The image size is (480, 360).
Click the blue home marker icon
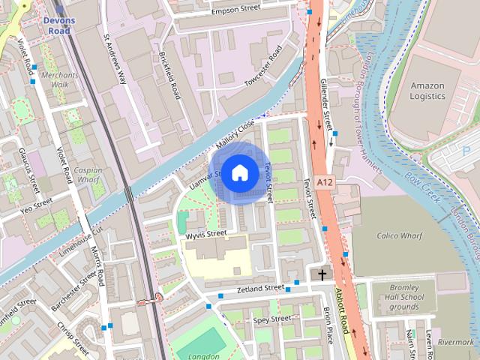tap(239, 173)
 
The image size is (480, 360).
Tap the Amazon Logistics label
tap(427, 91)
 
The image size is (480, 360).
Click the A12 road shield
tap(324, 182)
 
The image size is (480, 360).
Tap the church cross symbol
tap(322, 275)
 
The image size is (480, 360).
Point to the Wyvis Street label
tap(205, 234)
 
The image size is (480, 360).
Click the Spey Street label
tap(271, 319)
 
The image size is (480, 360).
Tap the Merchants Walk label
tap(60, 80)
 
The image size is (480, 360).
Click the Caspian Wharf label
tap(88, 175)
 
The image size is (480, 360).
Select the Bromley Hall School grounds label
tap(412, 296)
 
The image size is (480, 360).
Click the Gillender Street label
tap(327, 105)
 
